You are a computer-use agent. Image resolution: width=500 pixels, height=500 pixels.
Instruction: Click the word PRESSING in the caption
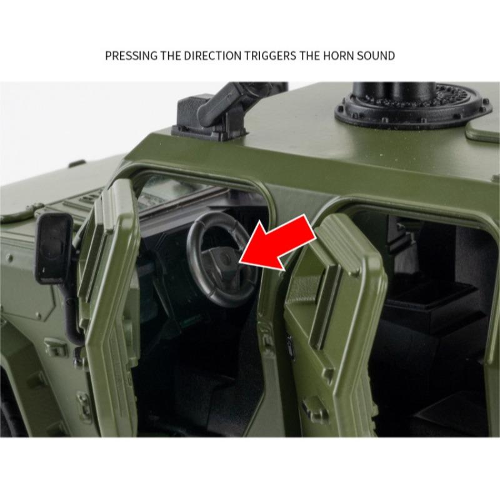pyautogui.click(x=131, y=56)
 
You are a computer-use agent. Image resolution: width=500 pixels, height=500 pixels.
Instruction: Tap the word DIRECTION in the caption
pyautogui.click(x=209, y=56)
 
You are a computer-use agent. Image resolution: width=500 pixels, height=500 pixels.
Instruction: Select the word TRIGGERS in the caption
pyautogui.click(x=267, y=56)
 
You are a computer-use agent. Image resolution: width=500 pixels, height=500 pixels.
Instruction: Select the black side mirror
pyautogui.click(x=54, y=247)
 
